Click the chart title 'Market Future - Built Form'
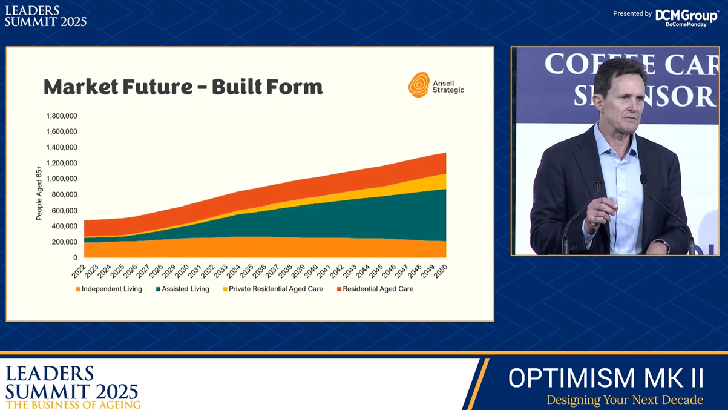coord(183,87)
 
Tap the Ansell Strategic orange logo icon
coord(419,85)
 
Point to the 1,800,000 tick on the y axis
coord(62,116)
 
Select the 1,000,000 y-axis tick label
coord(62,179)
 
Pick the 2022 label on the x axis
coord(78,271)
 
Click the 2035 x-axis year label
coord(246,271)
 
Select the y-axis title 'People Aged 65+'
coord(39,193)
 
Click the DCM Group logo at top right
coord(686,17)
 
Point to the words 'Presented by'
coord(632,13)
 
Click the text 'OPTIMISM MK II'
coord(606,378)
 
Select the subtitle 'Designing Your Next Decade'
coord(625,400)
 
